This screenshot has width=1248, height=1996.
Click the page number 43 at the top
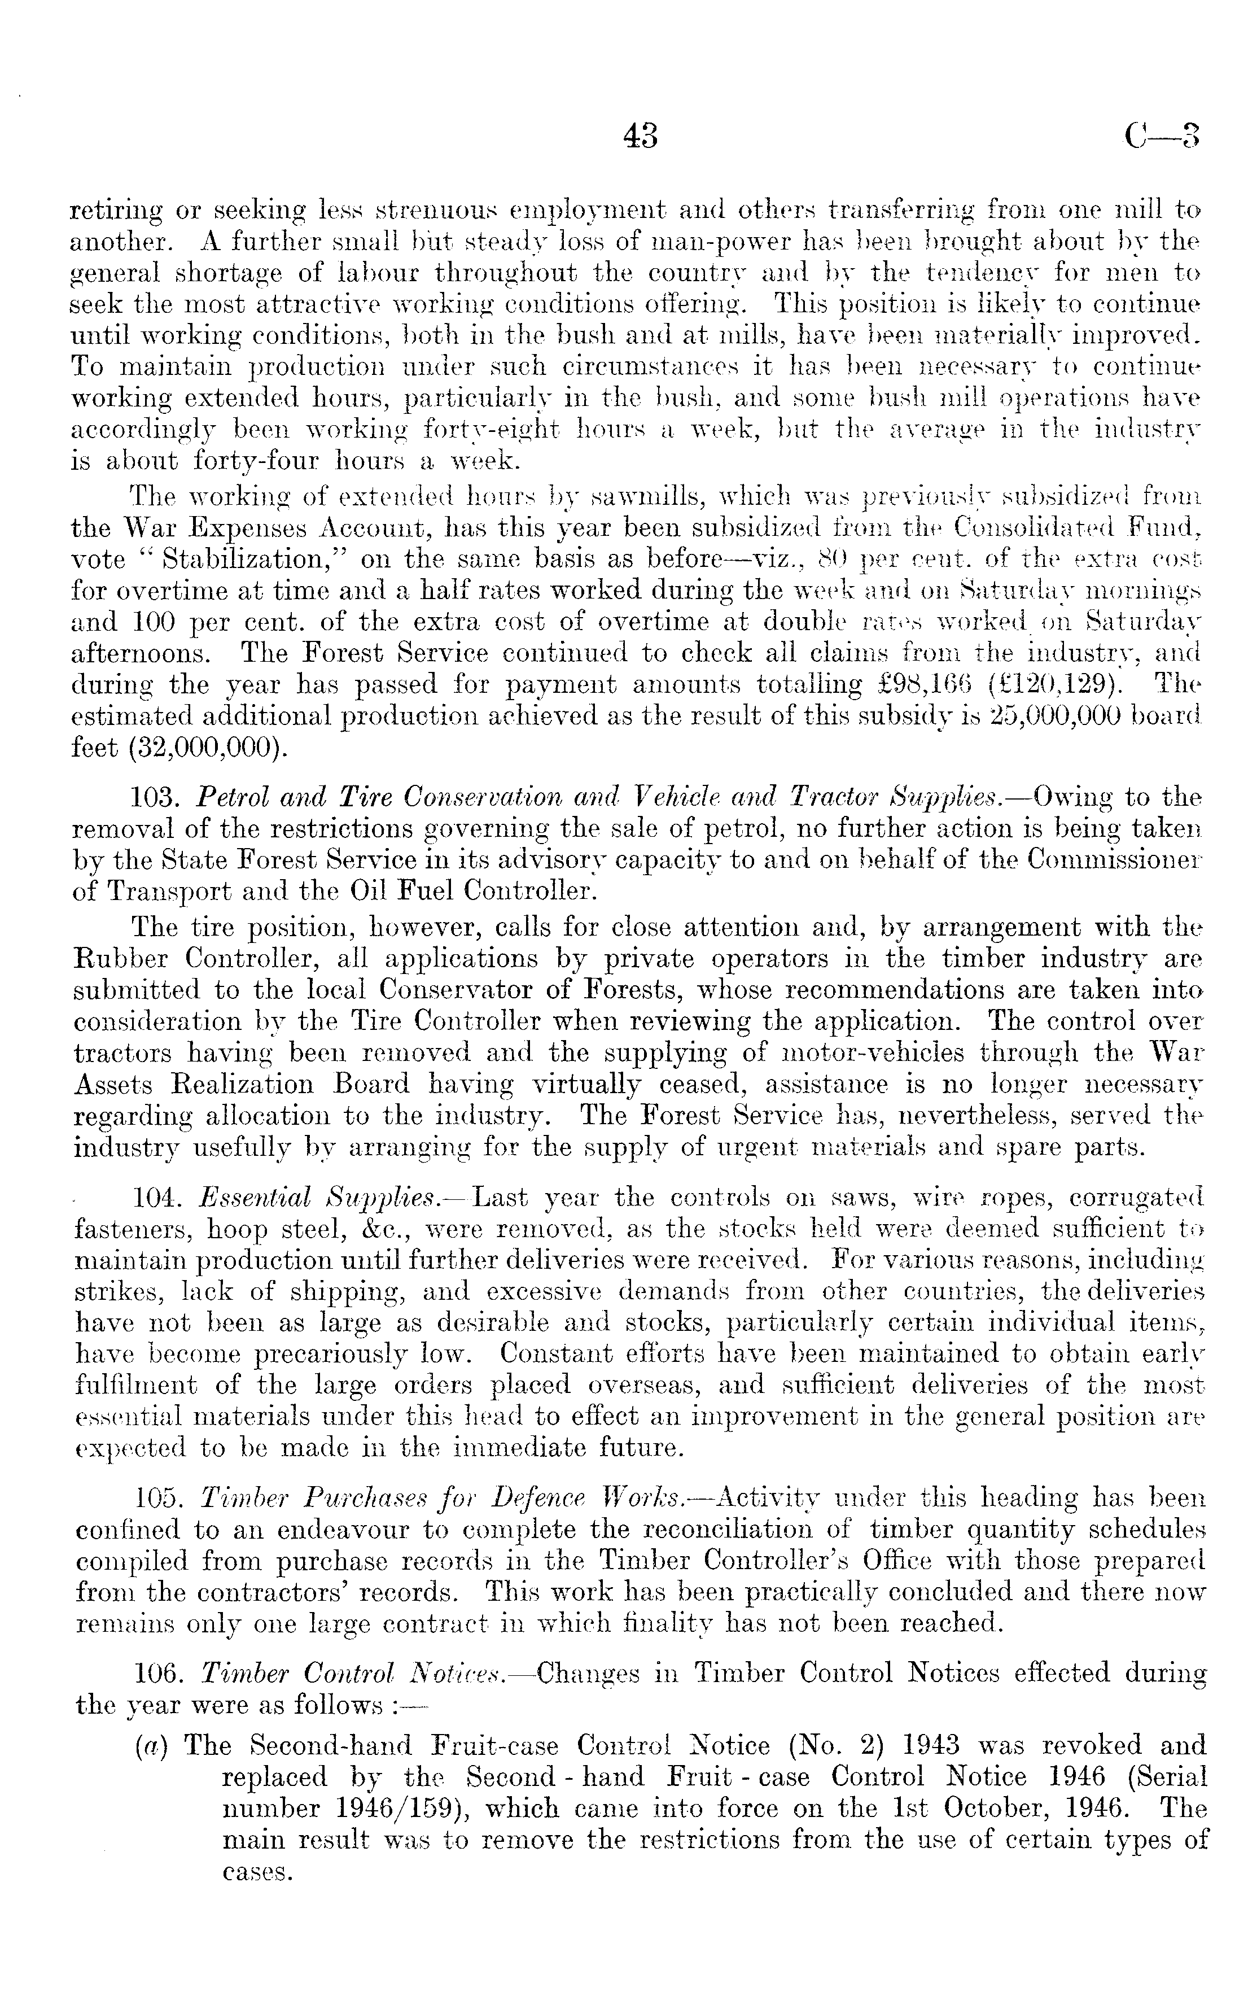641,134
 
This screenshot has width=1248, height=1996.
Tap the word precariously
331,1355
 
